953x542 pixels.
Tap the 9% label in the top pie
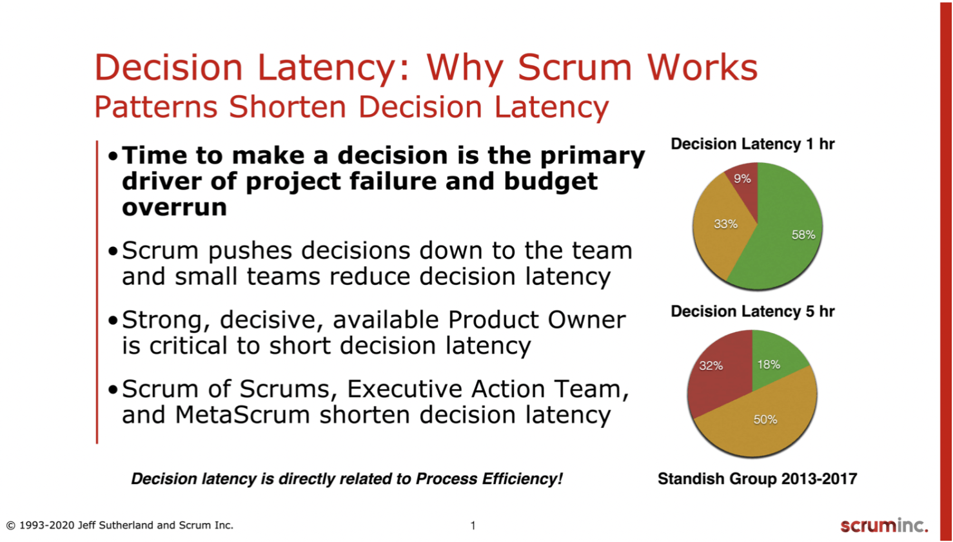click(742, 179)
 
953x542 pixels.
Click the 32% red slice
click(716, 380)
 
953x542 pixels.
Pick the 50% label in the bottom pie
click(765, 420)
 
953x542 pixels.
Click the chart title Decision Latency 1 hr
click(752, 144)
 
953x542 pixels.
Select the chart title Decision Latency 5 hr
click(752, 311)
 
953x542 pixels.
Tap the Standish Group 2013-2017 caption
click(757, 479)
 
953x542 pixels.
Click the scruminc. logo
click(884, 525)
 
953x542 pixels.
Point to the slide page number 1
click(473, 525)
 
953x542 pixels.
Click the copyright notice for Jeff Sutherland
click(120, 525)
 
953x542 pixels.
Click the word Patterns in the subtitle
click(156, 106)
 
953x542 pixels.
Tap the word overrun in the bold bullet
click(174, 208)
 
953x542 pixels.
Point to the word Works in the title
click(702, 67)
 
